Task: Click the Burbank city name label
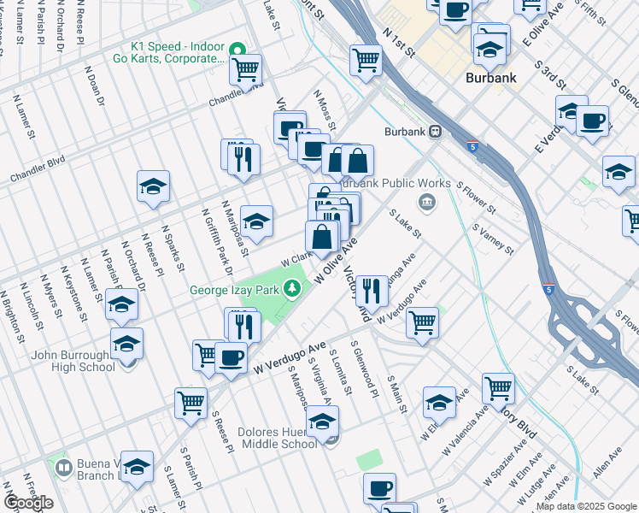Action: (x=491, y=78)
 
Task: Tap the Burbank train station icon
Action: (x=436, y=132)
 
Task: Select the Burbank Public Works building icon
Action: (x=425, y=202)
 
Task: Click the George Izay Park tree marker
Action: (x=293, y=290)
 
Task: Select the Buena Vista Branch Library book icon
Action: (x=63, y=469)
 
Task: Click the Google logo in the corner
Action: (x=27, y=503)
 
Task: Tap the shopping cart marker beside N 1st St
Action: (x=366, y=61)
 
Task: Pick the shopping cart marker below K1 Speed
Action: (x=246, y=70)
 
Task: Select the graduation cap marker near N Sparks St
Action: (x=153, y=186)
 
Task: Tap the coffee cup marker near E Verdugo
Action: (x=592, y=120)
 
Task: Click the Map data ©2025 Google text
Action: (x=585, y=506)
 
